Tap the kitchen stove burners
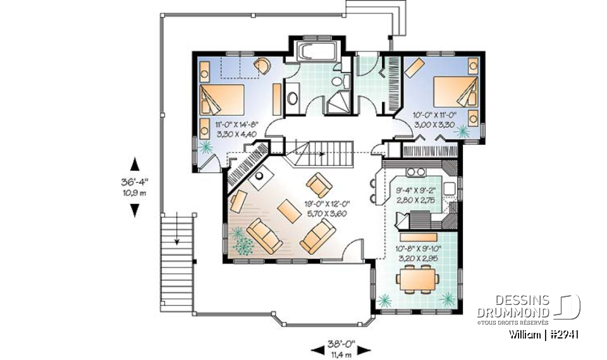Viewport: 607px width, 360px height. coord(415,171)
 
